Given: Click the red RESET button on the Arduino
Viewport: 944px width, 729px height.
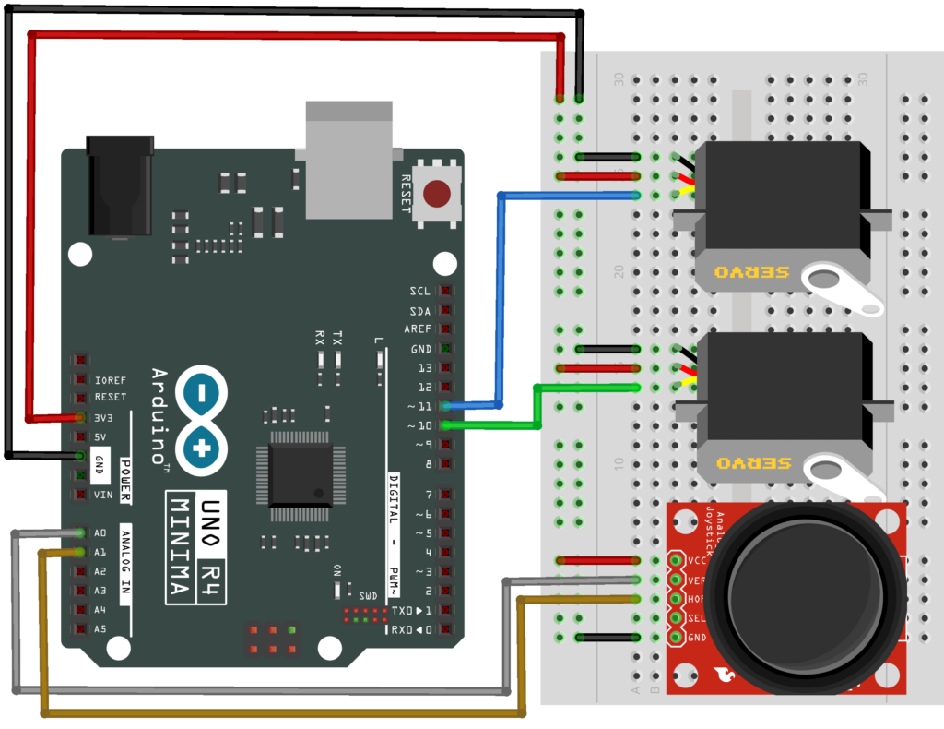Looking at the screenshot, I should [436, 194].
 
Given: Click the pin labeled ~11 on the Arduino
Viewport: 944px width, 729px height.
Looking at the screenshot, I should [447, 406].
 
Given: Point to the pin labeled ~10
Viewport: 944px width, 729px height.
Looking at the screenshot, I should [447, 425].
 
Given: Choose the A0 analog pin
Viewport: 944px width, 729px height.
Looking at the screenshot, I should [81, 533].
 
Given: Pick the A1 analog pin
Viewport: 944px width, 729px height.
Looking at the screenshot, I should [81, 552].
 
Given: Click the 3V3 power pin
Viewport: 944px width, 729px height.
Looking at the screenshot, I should [81, 417].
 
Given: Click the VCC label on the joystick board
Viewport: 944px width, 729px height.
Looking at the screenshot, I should [697, 560].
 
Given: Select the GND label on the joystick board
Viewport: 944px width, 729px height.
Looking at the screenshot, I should [697, 637].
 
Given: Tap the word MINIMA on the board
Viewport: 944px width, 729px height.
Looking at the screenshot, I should [180, 548].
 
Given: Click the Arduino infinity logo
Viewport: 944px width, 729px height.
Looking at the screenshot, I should [202, 418].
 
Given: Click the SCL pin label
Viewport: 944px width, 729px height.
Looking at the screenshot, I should [419, 291].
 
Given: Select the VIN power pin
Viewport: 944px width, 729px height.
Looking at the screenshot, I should [81, 495].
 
